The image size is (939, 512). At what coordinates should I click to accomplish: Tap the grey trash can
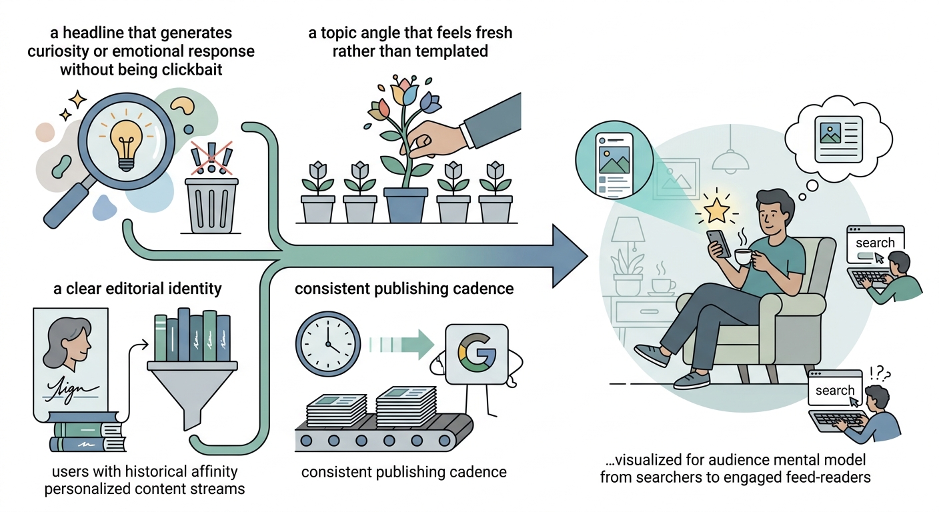(211, 205)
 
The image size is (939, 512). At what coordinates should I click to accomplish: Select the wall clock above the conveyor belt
(328, 343)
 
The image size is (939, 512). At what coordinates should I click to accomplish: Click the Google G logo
(477, 353)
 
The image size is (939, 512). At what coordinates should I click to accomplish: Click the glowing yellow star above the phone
(716, 211)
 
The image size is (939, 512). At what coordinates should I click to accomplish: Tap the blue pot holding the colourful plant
(405, 205)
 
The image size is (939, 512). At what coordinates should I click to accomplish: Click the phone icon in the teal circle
(614, 165)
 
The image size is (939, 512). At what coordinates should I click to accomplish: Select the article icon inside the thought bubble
(838, 139)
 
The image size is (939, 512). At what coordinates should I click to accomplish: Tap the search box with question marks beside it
(835, 389)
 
